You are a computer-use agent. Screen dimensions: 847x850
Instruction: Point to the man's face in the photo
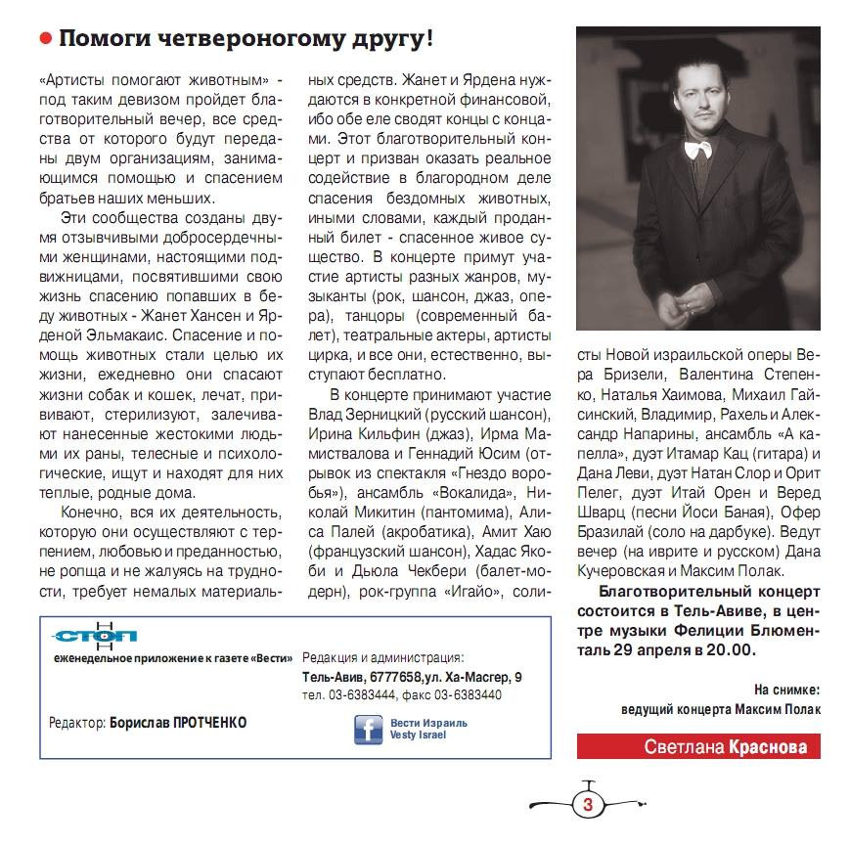click(x=682, y=99)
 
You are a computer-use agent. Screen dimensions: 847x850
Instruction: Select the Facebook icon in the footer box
click(x=369, y=730)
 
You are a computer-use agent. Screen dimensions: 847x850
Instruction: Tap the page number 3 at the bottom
click(x=588, y=805)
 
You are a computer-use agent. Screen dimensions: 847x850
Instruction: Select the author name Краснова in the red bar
click(x=772, y=747)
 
